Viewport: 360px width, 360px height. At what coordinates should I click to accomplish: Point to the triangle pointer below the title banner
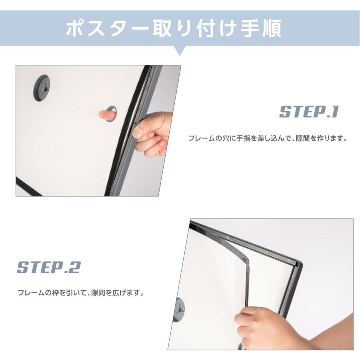[x=180, y=51]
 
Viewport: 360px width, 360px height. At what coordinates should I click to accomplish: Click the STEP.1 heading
[x=308, y=112]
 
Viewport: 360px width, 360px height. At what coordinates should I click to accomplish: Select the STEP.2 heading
[x=48, y=267]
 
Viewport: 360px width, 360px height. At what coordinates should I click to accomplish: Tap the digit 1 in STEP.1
[x=335, y=112]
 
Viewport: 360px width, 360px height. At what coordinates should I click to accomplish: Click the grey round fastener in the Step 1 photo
[x=42, y=88]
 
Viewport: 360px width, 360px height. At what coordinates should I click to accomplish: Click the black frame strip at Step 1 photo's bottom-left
[x=28, y=187]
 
